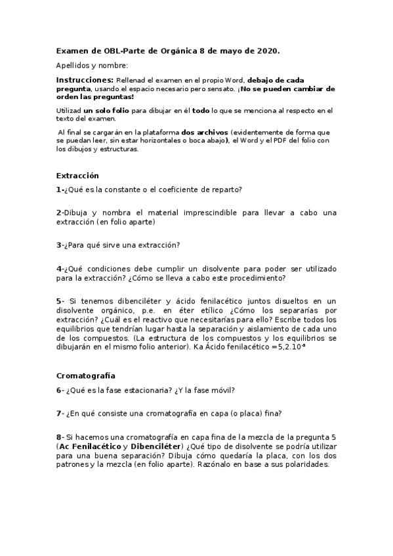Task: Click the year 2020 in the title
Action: [267, 50]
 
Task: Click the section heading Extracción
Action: [77, 176]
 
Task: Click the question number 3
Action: [59, 245]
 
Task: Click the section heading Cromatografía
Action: [86, 376]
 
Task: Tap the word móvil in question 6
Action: [220, 390]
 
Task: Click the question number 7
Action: [59, 413]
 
